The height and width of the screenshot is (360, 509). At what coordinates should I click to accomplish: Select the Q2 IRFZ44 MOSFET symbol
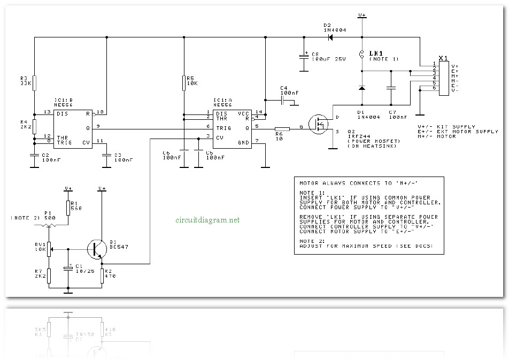pos(321,124)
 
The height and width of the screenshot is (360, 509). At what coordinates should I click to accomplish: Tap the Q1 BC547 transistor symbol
pos(97,249)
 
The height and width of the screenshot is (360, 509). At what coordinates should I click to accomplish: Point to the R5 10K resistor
pos(183,83)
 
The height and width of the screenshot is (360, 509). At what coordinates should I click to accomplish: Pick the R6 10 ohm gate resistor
pos(282,128)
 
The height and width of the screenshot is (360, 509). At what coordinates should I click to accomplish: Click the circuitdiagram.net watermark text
pos(207,220)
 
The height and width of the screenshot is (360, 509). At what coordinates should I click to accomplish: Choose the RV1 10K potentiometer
pos(48,249)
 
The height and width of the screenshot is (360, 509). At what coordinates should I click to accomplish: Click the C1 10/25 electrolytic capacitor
pos(68,268)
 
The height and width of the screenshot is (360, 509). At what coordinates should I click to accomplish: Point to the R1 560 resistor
pos(68,208)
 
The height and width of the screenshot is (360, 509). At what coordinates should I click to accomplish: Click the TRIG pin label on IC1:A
pos(224,128)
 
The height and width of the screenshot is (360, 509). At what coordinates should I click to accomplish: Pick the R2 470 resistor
pos(102,275)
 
